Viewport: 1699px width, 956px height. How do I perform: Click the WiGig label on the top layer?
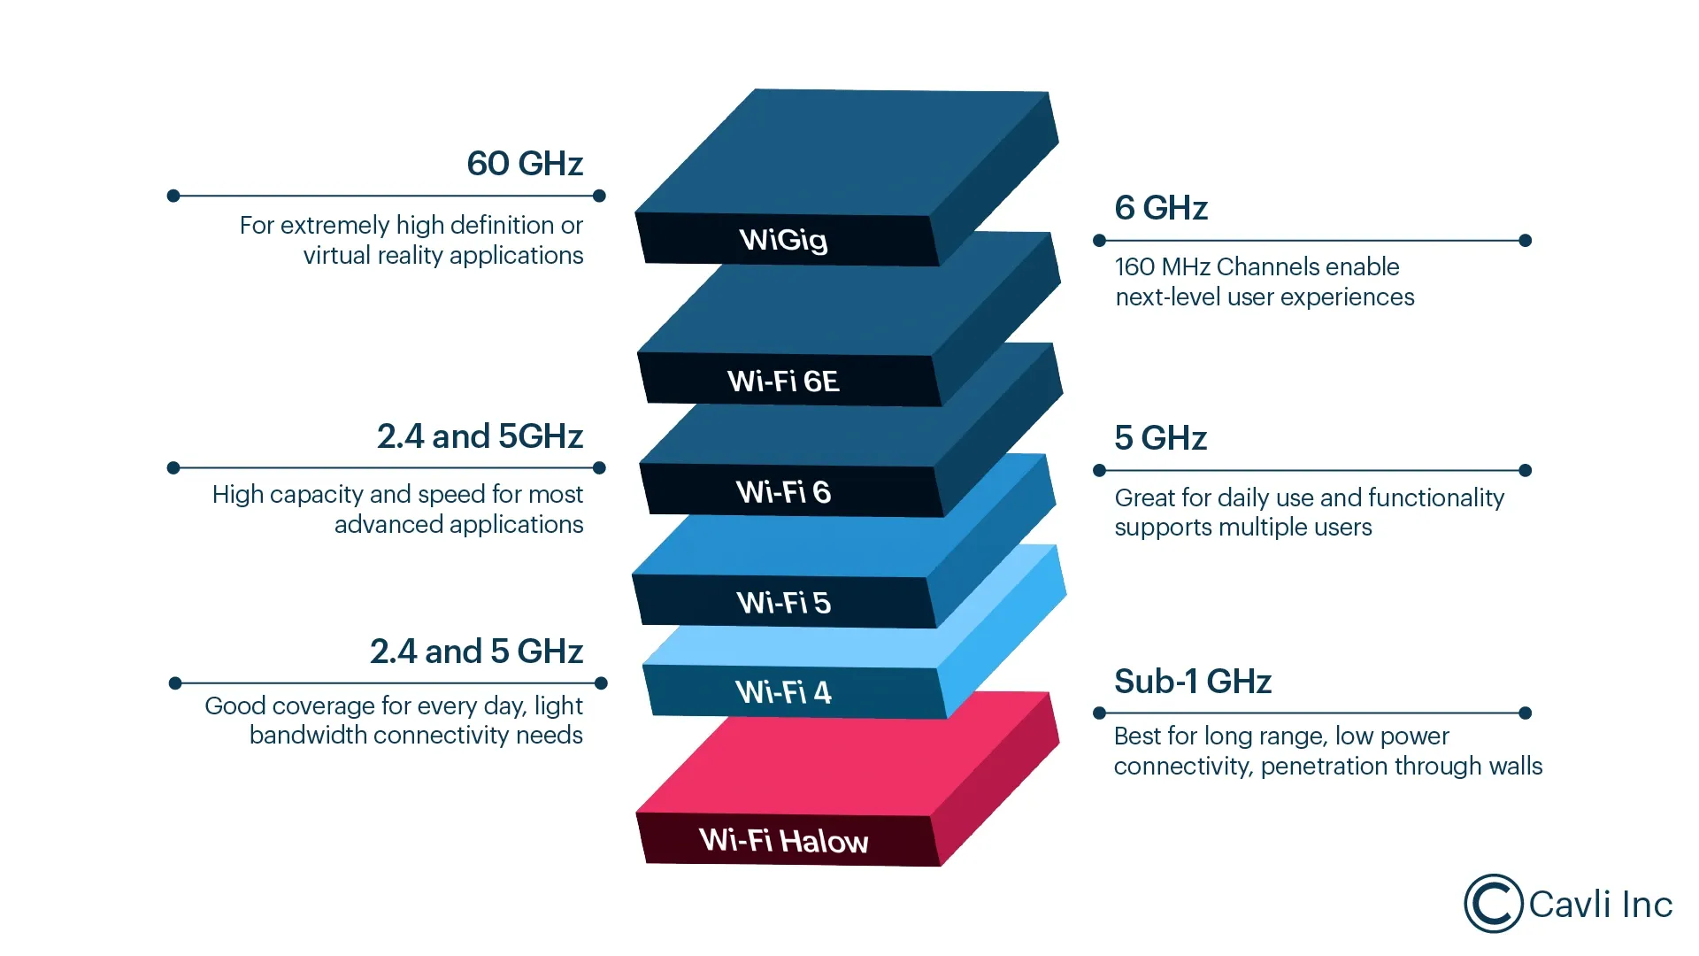click(783, 240)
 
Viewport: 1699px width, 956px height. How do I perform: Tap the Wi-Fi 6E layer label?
click(783, 382)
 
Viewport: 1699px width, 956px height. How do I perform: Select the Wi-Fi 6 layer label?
click(783, 492)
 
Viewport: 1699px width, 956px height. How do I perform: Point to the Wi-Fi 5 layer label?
click(783, 603)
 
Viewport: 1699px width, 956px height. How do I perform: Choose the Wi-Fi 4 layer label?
click(783, 691)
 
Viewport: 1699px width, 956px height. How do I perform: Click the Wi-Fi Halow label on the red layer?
click(783, 840)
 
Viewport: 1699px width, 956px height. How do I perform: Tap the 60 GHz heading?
click(525, 164)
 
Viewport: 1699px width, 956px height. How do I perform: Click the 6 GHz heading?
click(1161, 208)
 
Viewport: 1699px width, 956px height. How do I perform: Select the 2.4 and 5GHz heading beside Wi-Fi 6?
click(480, 436)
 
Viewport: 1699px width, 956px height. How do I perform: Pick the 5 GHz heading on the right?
click(1160, 438)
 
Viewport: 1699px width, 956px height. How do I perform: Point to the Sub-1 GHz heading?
click(1192, 682)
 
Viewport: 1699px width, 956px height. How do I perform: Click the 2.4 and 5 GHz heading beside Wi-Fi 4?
click(476, 651)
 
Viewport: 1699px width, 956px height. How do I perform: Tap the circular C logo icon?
click(1493, 904)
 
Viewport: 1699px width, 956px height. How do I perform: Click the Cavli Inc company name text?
click(1600, 905)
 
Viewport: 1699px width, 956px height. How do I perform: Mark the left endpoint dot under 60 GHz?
click(173, 196)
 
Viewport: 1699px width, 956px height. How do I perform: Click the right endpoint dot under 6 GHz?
click(1525, 241)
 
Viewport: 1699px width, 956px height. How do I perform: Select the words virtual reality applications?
click(443, 256)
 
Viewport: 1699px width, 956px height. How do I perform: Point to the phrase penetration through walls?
click(1402, 766)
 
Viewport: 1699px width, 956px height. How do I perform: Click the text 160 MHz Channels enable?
click(1257, 266)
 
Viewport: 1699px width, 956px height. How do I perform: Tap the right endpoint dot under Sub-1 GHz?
click(1525, 713)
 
